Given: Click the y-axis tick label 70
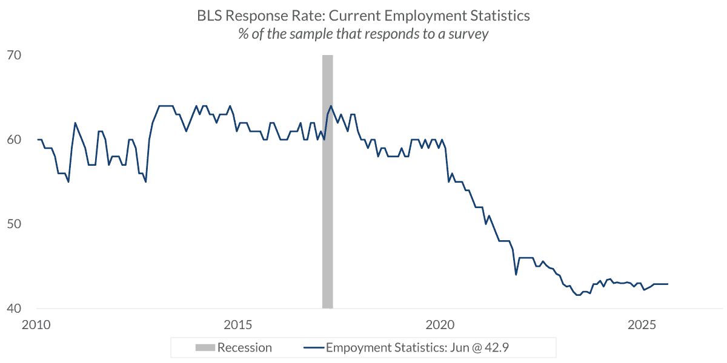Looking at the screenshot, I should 13,56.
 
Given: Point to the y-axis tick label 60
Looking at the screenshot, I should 13,140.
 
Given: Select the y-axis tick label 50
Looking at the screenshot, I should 13,224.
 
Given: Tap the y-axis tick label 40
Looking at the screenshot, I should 13,308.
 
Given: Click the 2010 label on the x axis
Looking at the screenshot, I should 36,324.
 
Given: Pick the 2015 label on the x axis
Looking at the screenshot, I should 238,324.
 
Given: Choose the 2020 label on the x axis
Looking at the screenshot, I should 440,324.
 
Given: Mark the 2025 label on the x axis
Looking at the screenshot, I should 643,324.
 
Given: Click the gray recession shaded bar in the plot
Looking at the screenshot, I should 327,181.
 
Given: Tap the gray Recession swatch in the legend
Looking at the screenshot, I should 204,348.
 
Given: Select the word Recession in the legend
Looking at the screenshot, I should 244,348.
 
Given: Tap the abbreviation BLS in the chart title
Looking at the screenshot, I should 210,16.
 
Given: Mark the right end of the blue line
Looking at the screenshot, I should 667,284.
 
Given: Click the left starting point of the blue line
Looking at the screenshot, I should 38,140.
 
